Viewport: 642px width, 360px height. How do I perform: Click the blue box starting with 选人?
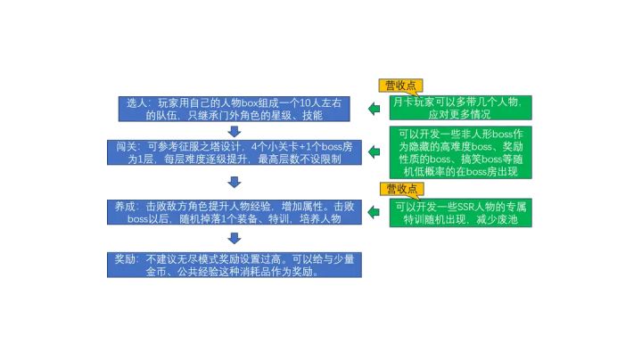click(x=235, y=109)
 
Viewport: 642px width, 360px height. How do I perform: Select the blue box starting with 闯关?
click(x=235, y=152)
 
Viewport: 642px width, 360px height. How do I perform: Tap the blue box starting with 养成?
click(x=235, y=212)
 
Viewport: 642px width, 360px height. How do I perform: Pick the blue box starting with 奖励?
click(x=235, y=265)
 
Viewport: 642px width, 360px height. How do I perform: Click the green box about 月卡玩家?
click(x=461, y=108)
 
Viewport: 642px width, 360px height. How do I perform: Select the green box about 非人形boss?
click(x=461, y=152)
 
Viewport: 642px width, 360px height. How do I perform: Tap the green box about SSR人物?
click(x=461, y=213)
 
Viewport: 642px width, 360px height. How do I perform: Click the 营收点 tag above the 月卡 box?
click(x=400, y=86)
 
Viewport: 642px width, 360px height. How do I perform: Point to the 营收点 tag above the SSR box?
click(x=401, y=189)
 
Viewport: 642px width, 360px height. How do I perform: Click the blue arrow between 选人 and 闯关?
click(x=235, y=131)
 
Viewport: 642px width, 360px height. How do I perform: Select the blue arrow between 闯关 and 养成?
click(x=235, y=182)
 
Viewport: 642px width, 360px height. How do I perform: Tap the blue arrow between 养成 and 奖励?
click(x=235, y=238)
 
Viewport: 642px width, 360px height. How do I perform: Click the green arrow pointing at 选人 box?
click(x=374, y=109)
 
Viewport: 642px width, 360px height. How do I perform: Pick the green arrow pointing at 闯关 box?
click(x=374, y=151)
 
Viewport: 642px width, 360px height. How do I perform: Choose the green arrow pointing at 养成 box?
click(x=374, y=212)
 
